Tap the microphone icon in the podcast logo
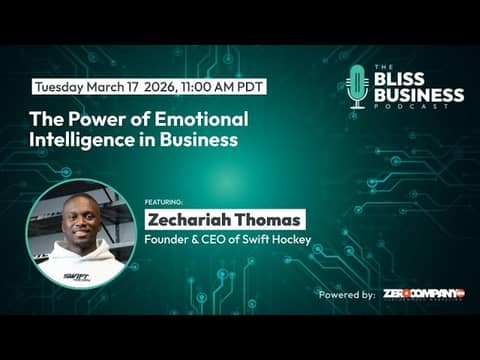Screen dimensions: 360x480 click(x=357, y=85)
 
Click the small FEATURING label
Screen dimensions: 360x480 click(x=163, y=200)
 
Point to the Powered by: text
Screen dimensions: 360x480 click(x=347, y=295)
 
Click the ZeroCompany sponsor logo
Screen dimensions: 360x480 click(x=423, y=294)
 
